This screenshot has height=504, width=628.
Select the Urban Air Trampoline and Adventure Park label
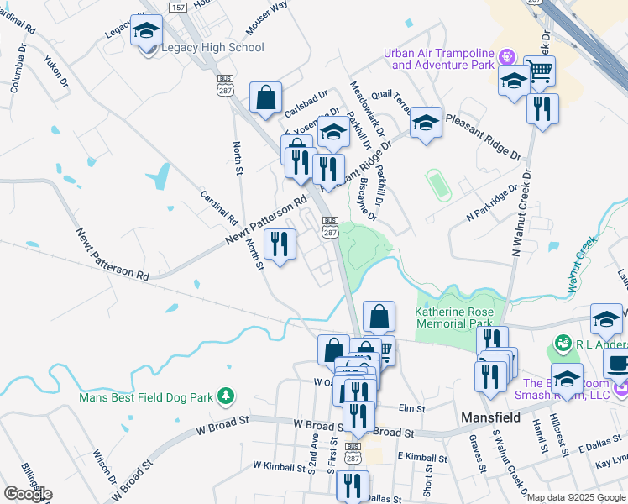(x=437, y=59)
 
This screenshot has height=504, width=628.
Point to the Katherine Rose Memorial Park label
(x=453, y=317)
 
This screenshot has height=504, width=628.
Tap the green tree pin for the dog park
(x=224, y=396)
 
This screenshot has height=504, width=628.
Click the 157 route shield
(x=177, y=8)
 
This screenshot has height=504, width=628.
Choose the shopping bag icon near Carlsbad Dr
(x=265, y=97)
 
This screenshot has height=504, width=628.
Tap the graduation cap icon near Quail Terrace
(x=426, y=123)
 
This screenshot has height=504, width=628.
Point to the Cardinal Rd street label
(x=220, y=208)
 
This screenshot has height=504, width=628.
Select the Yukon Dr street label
(x=57, y=71)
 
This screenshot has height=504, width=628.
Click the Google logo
(x=28, y=494)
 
